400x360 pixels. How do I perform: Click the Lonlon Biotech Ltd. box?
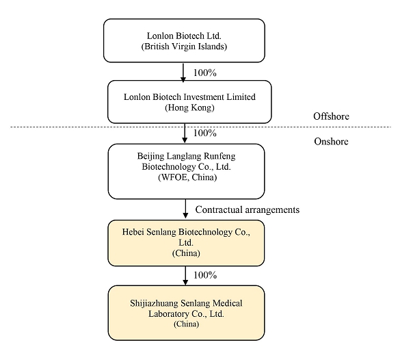tap(184, 40)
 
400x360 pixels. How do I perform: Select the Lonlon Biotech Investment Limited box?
tap(189, 102)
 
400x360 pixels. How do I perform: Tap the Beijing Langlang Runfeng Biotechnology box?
tap(186, 171)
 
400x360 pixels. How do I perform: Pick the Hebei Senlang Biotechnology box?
tap(186, 243)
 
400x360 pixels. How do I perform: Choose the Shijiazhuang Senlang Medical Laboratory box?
tap(186, 313)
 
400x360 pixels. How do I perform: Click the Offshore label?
tap(331, 116)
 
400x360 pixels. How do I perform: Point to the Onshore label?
tap(331, 141)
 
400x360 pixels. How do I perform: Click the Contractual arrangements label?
tap(248, 209)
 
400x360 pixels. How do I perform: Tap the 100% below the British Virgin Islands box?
tap(205, 73)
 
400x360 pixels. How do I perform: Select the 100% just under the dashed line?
tap(205, 133)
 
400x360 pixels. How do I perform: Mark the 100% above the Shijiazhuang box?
tap(205, 275)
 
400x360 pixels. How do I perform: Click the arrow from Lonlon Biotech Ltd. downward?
tap(183, 73)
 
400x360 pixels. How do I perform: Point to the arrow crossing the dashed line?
tap(185, 133)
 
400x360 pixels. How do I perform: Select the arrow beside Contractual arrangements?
tap(185, 209)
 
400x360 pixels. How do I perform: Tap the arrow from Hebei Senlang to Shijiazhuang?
tap(185, 276)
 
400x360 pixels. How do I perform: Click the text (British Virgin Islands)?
tap(184, 47)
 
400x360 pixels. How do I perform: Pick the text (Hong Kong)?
tap(189, 107)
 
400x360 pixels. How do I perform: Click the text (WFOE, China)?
tap(187, 177)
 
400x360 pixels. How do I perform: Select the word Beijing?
tap(148, 156)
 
